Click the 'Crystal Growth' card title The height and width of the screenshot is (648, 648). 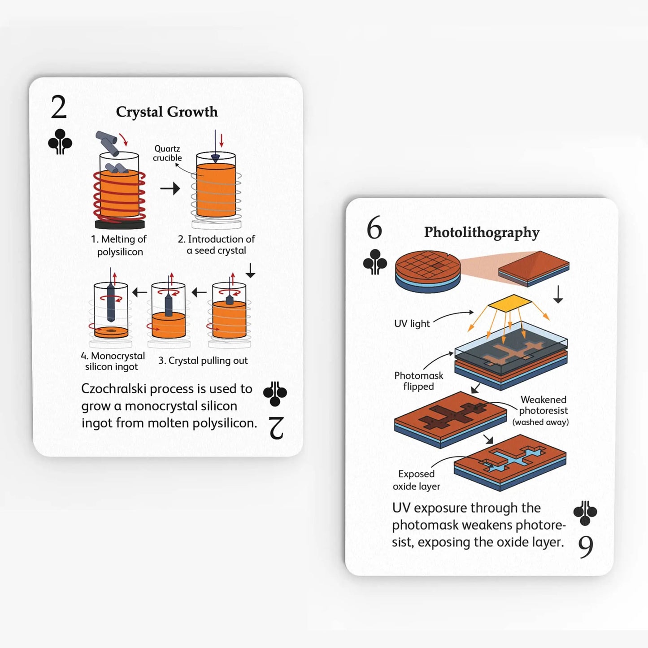(x=166, y=112)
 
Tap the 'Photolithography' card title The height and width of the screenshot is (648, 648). (x=482, y=232)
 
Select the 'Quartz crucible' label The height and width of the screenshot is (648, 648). (x=167, y=153)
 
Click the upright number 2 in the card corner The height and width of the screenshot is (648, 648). (x=59, y=108)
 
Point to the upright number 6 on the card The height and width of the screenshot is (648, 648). (x=374, y=228)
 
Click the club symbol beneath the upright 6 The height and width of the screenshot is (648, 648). (x=375, y=262)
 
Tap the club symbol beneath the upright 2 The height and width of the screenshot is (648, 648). (x=60, y=142)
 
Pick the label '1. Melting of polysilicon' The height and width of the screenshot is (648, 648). (x=119, y=245)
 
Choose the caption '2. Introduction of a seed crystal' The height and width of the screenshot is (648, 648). (x=216, y=245)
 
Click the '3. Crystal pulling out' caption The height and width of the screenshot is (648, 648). (x=203, y=361)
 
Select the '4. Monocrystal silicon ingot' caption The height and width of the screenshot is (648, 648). (x=113, y=361)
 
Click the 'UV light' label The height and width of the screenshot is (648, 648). (x=412, y=323)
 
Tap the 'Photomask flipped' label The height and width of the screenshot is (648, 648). (x=418, y=381)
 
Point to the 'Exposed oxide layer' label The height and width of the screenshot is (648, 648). (x=416, y=480)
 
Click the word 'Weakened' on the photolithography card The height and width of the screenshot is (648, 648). (x=543, y=400)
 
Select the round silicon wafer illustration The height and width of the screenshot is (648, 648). (x=428, y=271)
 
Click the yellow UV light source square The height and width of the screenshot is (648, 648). (x=509, y=304)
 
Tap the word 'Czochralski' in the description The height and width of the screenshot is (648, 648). (x=114, y=389)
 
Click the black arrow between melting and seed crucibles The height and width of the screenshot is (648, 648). (x=170, y=188)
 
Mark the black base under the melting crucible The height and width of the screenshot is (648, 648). (x=120, y=223)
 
